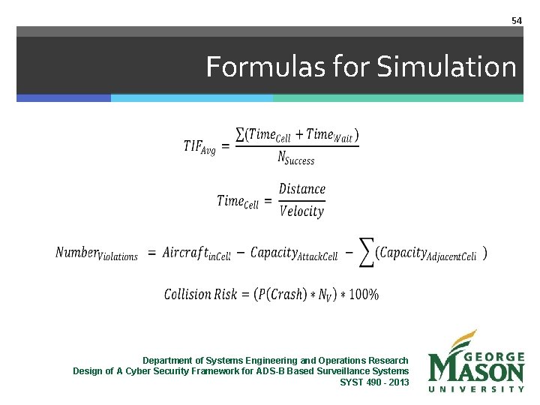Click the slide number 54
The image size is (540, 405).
[516, 21]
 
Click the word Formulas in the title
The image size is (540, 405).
[251, 67]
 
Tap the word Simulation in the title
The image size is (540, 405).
[447, 67]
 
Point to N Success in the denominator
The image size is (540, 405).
[295, 157]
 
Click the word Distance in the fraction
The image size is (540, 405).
[302, 189]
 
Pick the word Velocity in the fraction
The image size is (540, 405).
[301, 211]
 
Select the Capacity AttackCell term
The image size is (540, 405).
[294, 253]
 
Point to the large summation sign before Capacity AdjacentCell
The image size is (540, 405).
[365, 255]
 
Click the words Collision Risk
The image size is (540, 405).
[198, 294]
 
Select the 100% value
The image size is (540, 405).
[364, 294]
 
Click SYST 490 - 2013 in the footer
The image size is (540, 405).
[374, 382]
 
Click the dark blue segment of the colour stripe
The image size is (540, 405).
[64, 98]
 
